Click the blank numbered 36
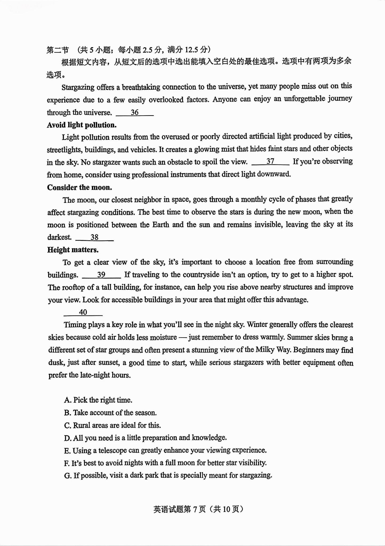click(x=135, y=113)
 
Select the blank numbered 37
click(x=270, y=162)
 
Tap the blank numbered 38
click(x=94, y=237)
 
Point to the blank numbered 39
click(x=101, y=275)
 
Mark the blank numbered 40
click(x=83, y=312)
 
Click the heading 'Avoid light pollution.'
click(x=82, y=125)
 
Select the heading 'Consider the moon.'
click(x=79, y=187)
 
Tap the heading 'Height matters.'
click(x=73, y=250)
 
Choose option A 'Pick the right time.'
click(x=98, y=400)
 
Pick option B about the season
click(x=110, y=413)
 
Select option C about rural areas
click(x=112, y=425)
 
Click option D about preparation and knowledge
click(x=145, y=438)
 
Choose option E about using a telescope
click(x=165, y=451)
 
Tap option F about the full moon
click(x=165, y=463)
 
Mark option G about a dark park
click(x=168, y=475)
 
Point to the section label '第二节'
click(x=58, y=50)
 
